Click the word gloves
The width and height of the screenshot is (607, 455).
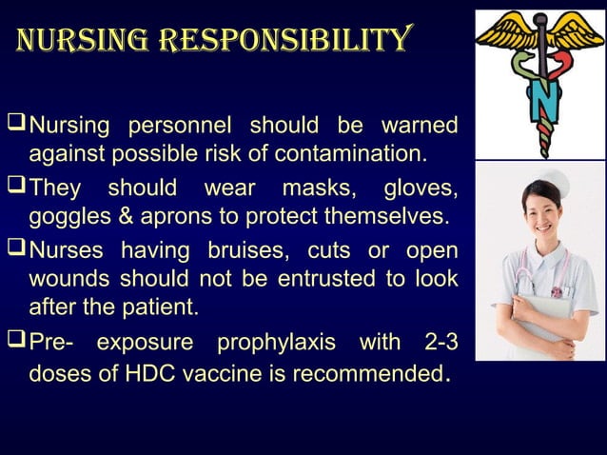(x=419, y=188)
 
